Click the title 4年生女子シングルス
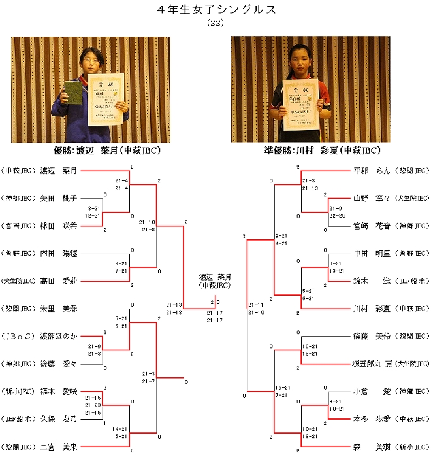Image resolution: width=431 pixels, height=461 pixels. click(x=216, y=9)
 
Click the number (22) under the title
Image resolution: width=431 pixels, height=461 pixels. click(x=215, y=22)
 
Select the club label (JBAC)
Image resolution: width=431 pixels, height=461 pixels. click(x=20, y=336)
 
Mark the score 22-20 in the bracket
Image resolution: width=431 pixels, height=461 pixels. click(x=336, y=215)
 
